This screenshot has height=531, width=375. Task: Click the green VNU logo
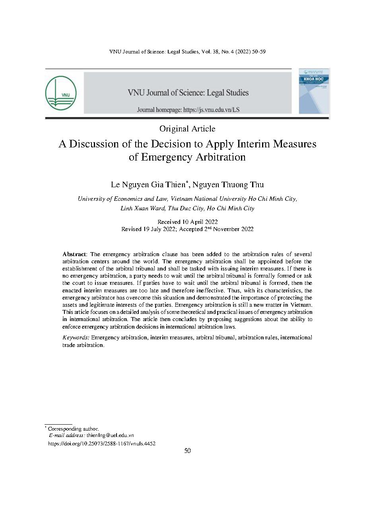61,93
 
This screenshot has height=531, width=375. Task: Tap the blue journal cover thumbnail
314,91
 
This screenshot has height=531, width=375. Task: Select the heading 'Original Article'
187,129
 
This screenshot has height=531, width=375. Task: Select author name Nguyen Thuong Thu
228,185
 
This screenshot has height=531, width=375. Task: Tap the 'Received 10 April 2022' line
187,222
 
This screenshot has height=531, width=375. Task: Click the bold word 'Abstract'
74,254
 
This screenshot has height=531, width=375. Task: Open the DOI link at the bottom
101,443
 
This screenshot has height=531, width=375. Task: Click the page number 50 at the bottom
187,451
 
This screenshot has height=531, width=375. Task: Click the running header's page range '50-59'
258,52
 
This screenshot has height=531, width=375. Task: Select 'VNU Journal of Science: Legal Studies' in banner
188,93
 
